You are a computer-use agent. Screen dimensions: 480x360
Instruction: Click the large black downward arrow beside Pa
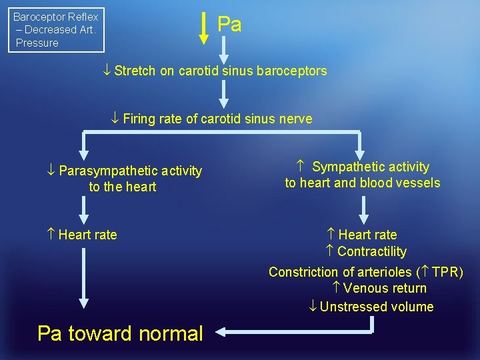click(205, 27)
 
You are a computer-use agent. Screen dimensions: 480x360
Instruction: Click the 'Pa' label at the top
click(229, 25)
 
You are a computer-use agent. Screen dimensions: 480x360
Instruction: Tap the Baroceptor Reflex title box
click(56, 30)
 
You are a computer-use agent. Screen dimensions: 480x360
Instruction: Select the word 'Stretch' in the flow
click(135, 71)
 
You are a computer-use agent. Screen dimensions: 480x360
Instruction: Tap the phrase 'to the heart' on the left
click(123, 187)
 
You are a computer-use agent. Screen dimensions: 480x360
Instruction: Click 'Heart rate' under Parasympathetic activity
click(87, 235)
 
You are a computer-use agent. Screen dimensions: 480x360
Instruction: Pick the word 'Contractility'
click(372, 251)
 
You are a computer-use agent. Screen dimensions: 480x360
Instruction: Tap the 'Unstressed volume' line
click(377, 307)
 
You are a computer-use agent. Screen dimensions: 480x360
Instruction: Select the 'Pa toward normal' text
click(120, 333)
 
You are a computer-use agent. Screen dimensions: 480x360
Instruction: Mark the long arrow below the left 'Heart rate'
click(83, 280)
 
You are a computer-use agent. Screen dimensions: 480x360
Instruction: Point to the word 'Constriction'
click(303, 272)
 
